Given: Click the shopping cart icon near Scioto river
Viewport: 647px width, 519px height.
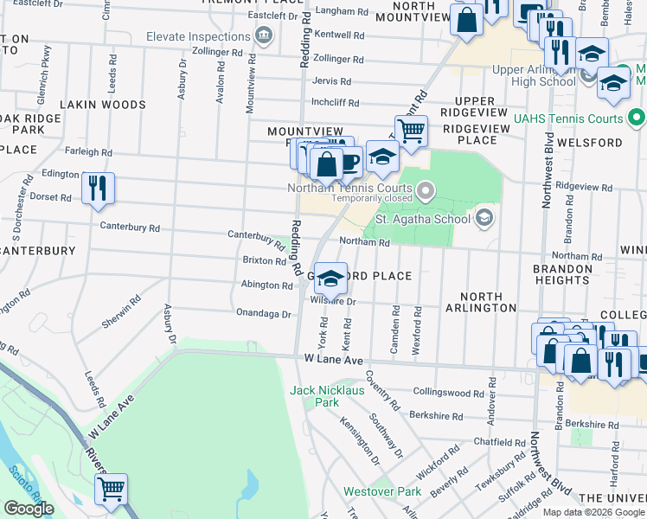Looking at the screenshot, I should click(x=112, y=490).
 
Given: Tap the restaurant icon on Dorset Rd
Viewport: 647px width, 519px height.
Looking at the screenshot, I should click(x=98, y=189).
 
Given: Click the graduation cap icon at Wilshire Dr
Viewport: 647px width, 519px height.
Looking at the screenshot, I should click(x=330, y=279).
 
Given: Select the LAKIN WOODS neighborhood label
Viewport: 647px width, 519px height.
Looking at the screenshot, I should click(x=103, y=105).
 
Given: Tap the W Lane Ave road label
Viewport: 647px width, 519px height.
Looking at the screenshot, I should click(x=332, y=359).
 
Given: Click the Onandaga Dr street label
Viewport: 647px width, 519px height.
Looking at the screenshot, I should click(x=263, y=313).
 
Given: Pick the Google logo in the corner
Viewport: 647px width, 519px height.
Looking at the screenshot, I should click(x=29, y=509).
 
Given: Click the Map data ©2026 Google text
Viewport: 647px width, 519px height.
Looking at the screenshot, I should click(x=593, y=512).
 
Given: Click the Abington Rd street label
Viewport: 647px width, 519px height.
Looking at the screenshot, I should click(x=266, y=285).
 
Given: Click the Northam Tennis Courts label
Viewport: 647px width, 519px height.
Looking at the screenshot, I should click(x=349, y=189).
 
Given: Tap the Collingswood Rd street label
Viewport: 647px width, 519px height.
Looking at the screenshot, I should click(x=445, y=392).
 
